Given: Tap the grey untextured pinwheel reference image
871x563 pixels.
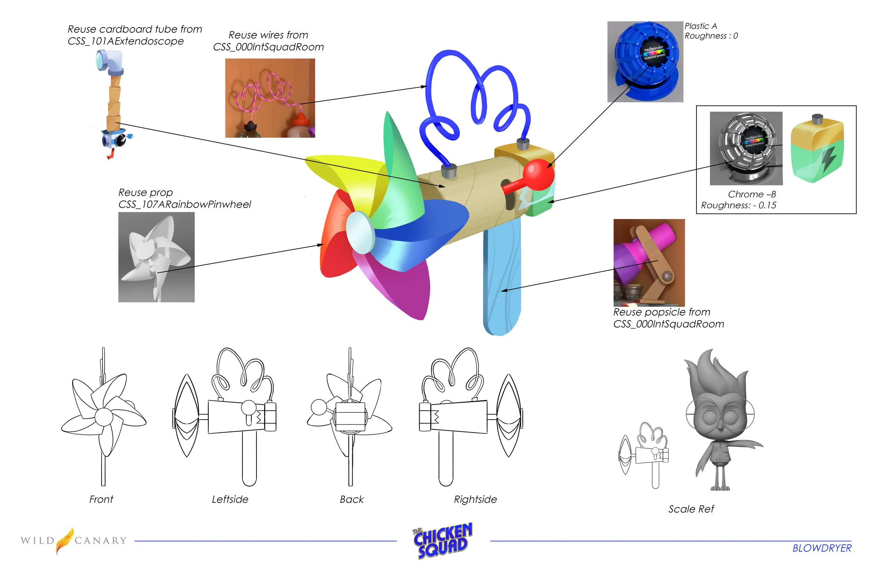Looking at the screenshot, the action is coord(156,257).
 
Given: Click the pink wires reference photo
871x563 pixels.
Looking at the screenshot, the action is coord(270,98).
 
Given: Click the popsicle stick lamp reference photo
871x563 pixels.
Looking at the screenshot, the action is coord(648,262).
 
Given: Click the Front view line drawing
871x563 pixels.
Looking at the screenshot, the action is coord(103,417).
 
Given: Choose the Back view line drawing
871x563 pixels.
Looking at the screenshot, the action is coord(349,417).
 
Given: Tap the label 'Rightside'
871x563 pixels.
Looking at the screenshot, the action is coord(475,499).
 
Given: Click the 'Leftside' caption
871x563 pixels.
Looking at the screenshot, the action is coord(230,499).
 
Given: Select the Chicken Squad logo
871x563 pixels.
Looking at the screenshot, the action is coord(442,541).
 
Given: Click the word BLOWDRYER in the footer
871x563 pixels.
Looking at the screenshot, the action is coord(822,548).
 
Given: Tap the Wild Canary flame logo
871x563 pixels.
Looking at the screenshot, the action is coord(64,540).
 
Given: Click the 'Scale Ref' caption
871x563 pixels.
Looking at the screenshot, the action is coord(691,509).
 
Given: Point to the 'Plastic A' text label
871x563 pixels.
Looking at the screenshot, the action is coord(701,26).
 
